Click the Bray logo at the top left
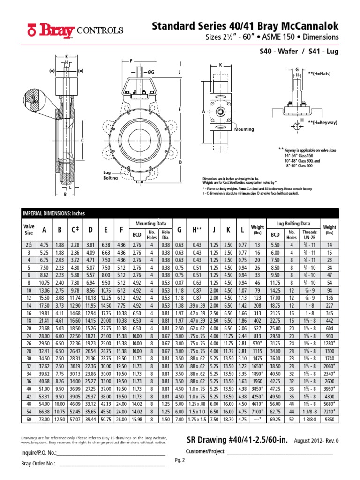point(52,30)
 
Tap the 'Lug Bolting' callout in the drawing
point(111,175)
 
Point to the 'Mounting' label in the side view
point(243,129)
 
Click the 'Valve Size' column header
point(29,229)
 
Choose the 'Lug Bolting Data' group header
point(293,224)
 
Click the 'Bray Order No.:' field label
point(38,464)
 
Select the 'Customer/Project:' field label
point(206,451)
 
